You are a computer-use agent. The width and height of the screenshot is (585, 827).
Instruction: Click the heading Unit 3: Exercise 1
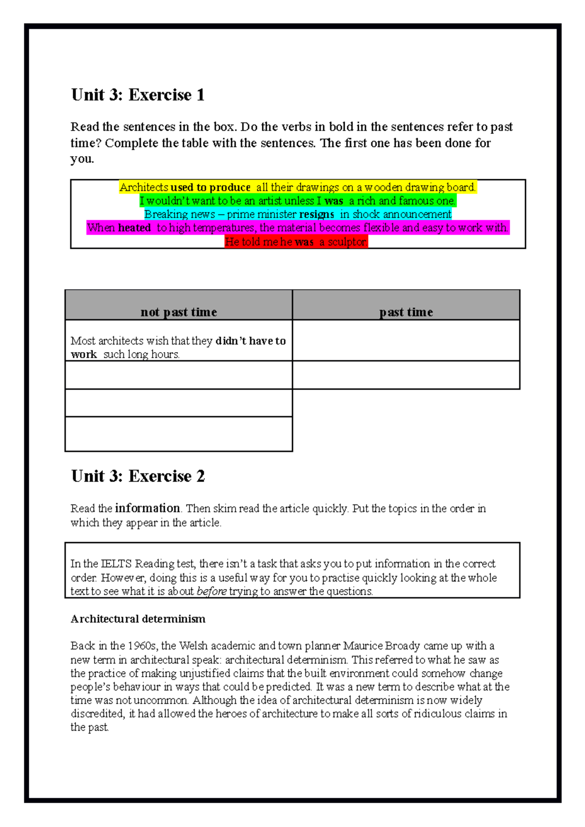[x=137, y=94]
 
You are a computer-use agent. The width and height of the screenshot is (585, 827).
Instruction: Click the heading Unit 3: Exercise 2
[x=137, y=476]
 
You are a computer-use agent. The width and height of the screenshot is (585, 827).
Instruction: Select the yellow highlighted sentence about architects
[x=297, y=188]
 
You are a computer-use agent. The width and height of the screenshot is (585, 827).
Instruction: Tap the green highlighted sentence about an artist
[x=297, y=201]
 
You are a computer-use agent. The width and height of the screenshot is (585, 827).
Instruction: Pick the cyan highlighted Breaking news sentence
[x=297, y=214]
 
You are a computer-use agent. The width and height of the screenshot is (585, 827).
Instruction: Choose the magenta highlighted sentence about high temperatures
[x=297, y=228]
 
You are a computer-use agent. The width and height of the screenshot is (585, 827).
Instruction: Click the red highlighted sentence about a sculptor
[x=296, y=242]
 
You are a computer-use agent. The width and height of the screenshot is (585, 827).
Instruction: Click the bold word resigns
[x=316, y=214]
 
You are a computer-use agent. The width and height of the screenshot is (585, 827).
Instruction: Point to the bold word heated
[x=134, y=228]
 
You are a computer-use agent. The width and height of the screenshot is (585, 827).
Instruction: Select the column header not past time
[x=178, y=312]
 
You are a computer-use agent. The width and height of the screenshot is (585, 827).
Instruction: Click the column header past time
[x=406, y=312]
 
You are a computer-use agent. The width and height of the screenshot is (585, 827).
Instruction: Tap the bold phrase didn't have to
[x=250, y=341]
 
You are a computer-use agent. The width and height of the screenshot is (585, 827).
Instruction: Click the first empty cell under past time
[x=406, y=340]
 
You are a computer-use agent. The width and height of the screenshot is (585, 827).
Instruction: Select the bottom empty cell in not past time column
[x=178, y=434]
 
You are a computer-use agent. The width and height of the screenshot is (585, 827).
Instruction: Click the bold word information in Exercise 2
[x=148, y=508]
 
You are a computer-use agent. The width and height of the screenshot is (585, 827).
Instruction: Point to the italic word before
[x=211, y=591]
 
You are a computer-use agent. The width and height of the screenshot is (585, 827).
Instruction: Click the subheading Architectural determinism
[x=138, y=619]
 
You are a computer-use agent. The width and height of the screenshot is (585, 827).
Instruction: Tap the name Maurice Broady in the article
[x=381, y=646]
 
